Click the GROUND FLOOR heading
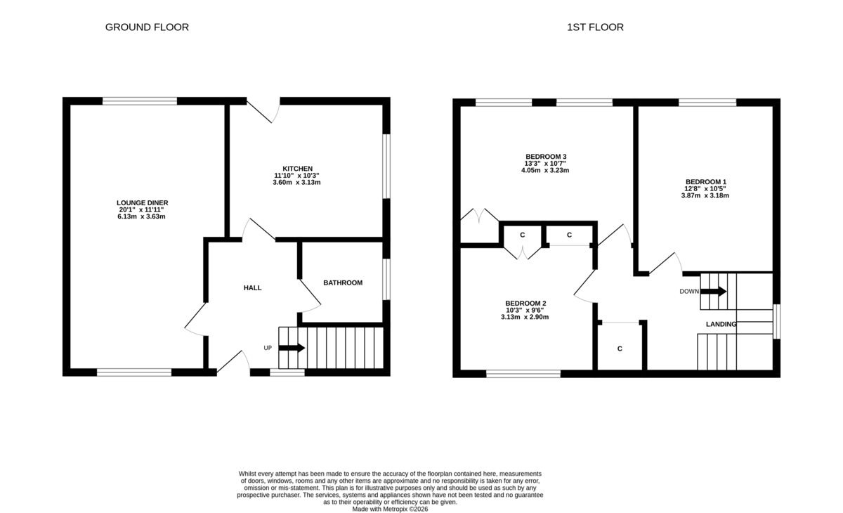[x=147, y=27]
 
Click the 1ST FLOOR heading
[x=595, y=27]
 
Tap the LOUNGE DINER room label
[x=143, y=202]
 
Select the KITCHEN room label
[x=297, y=169]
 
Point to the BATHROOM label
[x=343, y=283]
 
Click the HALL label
[x=252, y=287]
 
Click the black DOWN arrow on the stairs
[x=713, y=292]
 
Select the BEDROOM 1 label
[x=706, y=182]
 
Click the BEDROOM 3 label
[x=546, y=156]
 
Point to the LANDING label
[x=721, y=324]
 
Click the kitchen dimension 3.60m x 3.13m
[x=297, y=182]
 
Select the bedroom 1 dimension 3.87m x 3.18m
[x=705, y=195]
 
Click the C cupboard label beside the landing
[x=620, y=349]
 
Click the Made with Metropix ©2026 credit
[x=390, y=509]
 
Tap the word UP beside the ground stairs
[x=268, y=348]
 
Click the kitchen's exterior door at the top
[x=263, y=110]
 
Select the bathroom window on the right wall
[x=386, y=280]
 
